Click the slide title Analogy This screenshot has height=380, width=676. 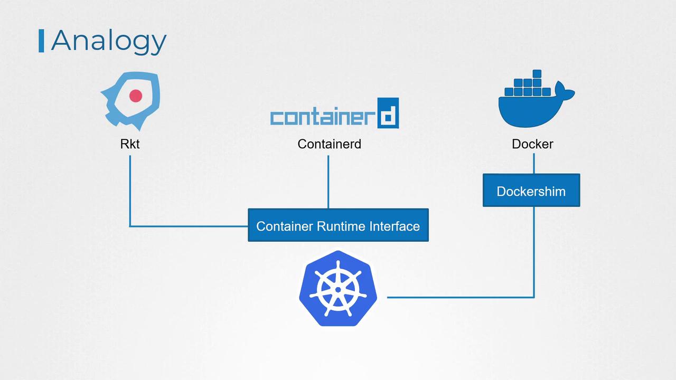tap(108, 41)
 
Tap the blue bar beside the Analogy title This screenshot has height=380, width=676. tap(41, 41)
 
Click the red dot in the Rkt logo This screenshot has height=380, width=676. tap(136, 96)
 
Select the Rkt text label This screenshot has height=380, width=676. tap(130, 144)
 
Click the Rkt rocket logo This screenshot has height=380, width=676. tap(130, 101)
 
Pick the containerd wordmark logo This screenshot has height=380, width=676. tap(334, 113)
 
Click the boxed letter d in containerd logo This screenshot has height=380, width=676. tap(388, 113)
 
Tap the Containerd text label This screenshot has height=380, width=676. tap(329, 144)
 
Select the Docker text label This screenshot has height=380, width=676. tap(532, 144)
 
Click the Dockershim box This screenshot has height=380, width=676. tap(531, 191)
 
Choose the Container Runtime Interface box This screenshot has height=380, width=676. tap(338, 225)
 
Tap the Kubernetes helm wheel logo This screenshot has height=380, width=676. tap(338, 288)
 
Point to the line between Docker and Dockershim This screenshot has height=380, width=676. tap(533, 163)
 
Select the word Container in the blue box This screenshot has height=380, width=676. tap(285, 226)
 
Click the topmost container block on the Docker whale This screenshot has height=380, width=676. tap(537, 74)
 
